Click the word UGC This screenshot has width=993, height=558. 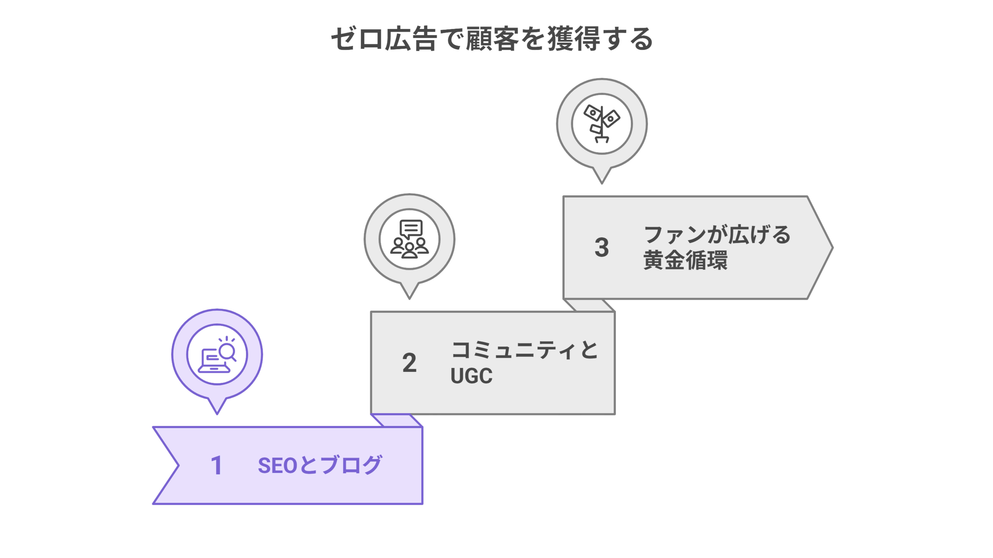(471, 376)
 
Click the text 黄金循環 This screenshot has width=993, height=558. (685, 260)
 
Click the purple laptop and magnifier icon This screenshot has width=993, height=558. (217, 355)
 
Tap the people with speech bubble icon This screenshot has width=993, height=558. (409, 239)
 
